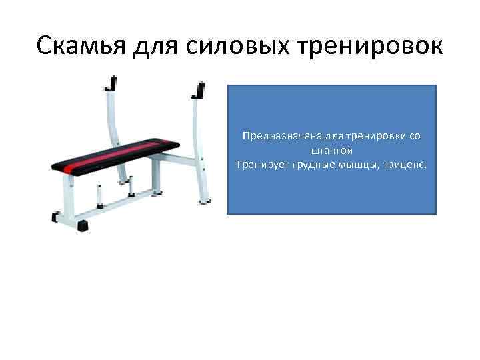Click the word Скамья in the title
81,47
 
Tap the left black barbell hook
112,83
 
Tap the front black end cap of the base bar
83,225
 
